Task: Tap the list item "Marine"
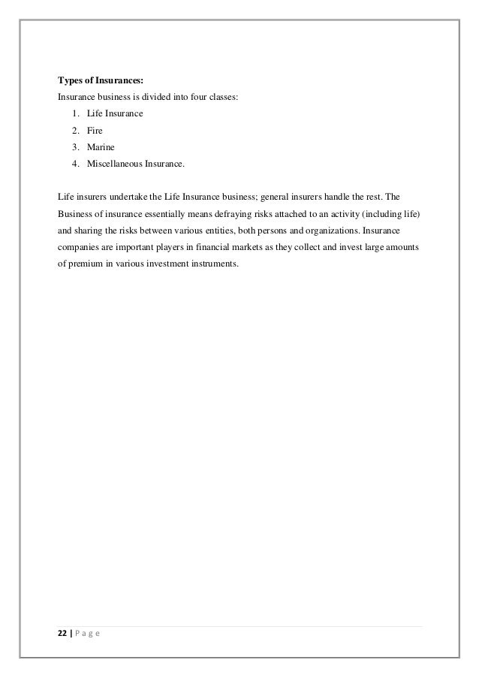101,146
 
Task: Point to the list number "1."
77,113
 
